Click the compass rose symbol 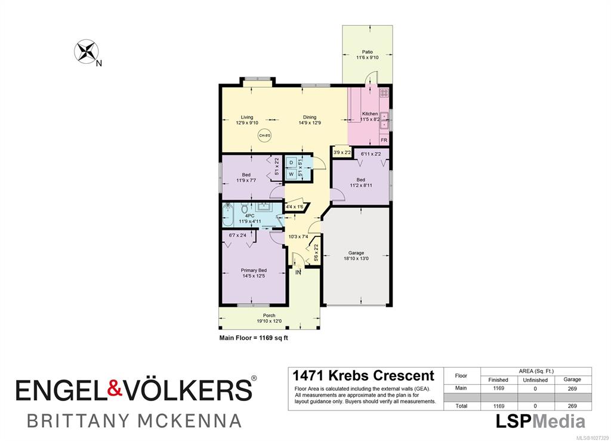point(86,51)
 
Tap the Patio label point(367,52)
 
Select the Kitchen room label point(370,114)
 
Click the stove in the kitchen point(384,93)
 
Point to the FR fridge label point(384,140)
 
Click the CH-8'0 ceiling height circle point(264,135)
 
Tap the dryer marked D point(291,162)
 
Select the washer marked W point(291,174)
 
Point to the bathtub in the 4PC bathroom point(227,215)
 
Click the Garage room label point(356,253)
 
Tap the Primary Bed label point(254,270)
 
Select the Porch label point(269,316)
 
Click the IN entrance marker point(298,273)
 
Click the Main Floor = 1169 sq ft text point(254,338)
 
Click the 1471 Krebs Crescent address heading point(363,375)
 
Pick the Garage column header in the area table point(572,380)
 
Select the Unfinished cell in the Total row point(535,406)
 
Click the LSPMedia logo point(540,421)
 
